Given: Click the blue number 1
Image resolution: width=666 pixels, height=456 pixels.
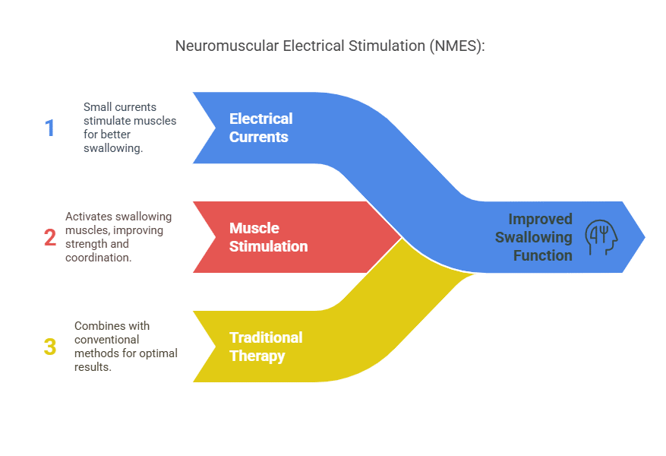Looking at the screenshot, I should (50, 128).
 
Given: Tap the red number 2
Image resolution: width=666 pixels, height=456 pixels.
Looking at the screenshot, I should (50, 237).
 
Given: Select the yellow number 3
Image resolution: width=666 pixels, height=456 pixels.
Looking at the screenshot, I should (50, 347).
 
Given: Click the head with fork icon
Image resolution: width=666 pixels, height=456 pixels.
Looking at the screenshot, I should (601, 237).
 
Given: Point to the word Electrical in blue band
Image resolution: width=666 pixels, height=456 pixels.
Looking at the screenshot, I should (260, 119).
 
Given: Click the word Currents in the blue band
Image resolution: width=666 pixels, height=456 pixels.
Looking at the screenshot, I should (259, 137).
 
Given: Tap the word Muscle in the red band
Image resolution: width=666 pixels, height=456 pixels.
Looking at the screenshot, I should (254, 228).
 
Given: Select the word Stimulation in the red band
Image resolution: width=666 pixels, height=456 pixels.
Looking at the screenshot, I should (268, 246).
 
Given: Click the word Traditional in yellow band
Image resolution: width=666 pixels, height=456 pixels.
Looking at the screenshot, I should (266, 337).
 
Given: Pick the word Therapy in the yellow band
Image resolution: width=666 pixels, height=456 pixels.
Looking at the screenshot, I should (257, 356).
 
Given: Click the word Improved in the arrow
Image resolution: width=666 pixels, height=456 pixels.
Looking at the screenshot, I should (540, 219).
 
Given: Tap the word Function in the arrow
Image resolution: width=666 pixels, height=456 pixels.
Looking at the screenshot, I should (542, 255).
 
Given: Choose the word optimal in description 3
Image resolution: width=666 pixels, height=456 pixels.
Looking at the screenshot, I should (159, 353).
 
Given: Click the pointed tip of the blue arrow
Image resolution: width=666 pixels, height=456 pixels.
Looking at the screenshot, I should (644, 237).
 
